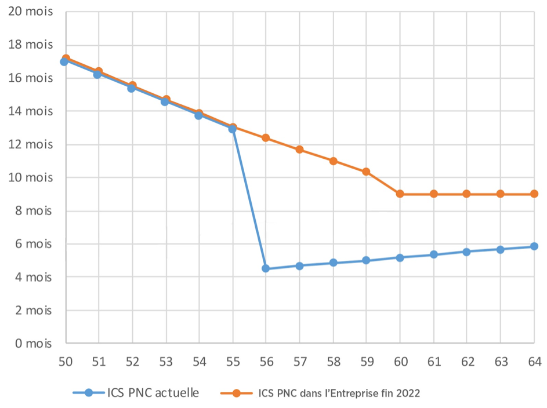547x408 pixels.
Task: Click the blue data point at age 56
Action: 266,268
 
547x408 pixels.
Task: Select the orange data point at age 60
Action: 400,194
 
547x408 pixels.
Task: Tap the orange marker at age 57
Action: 299,150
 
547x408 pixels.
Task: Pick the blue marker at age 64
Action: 534,246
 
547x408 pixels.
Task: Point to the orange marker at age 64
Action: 534,194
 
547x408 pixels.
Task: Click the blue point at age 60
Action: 400,257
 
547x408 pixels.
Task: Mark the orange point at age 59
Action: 366,172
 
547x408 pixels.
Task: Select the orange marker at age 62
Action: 466,194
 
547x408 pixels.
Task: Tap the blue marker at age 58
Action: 333,263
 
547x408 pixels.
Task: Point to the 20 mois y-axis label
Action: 31,12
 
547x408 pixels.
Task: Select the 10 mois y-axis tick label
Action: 31,177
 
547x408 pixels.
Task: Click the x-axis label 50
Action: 65,361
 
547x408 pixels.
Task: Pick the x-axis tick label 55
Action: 233,361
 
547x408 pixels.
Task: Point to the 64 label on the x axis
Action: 534,361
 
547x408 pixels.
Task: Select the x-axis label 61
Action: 433,361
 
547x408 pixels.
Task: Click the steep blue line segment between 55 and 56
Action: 249,199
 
